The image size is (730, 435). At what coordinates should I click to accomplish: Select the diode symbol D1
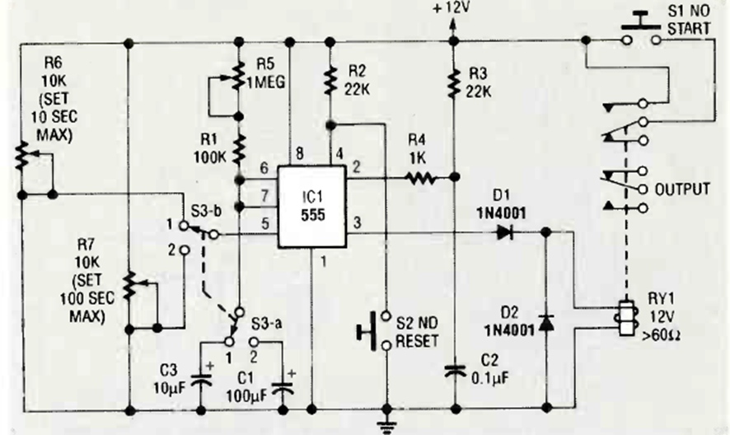[x=503, y=233]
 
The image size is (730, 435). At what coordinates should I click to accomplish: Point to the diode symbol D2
[x=545, y=321]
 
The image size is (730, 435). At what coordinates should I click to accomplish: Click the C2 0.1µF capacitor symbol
[x=453, y=370]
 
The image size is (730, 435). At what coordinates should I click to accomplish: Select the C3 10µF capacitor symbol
[x=200, y=380]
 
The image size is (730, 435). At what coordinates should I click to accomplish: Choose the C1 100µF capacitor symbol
[x=286, y=381]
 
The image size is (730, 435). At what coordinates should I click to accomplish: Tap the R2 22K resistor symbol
[x=330, y=80]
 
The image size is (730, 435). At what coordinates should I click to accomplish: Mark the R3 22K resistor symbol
[x=452, y=81]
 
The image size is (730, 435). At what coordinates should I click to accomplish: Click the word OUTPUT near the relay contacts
[x=682, y=189]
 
